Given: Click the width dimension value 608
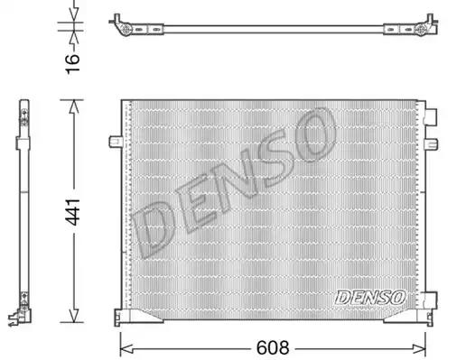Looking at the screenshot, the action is [273, 347].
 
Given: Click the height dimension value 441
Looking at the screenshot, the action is [73, 212].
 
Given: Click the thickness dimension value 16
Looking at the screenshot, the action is [72, 64].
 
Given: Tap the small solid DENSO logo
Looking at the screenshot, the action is [370, 297].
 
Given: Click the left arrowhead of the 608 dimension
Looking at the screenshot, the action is [126, 349].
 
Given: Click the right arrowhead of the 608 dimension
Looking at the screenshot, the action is [419, 349].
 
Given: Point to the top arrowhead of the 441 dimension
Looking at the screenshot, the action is [74, 106].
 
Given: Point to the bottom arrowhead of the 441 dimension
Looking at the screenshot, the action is [74, 315].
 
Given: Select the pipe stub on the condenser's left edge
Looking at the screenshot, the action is [116, 142].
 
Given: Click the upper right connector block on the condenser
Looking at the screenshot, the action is [430, 116].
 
